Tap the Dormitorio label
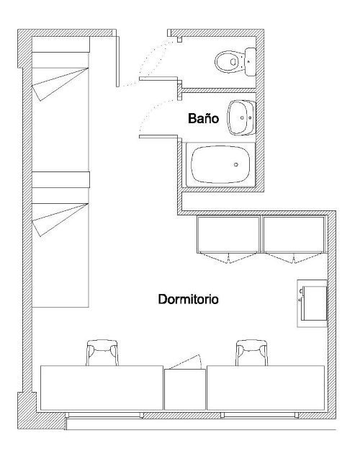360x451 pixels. pyautogui.click(x=189, y=298)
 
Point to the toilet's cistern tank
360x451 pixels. pyautogui.click(x=250, y=61)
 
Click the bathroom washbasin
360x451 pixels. pyautogui.click(x=240, y=117)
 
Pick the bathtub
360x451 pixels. pyautogui.click(x=220, y=164)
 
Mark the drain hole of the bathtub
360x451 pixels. pyautogui.click(x=237, y=164)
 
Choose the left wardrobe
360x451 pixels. pyautogui.click(x=228, y=235)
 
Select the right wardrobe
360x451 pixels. pyautogui.click(x=293, y=235)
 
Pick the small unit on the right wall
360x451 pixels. pyautogui.click(x=312, y=303)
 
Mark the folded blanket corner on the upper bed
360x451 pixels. pyautogui.click(x=61, y=84)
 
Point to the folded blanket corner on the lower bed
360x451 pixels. pyautogui.click(x=61, y=218)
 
